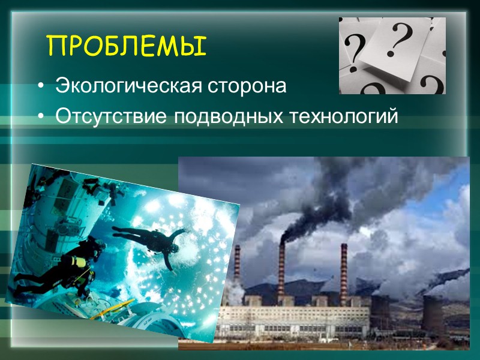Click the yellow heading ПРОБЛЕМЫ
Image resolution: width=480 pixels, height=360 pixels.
[x=126, y=46]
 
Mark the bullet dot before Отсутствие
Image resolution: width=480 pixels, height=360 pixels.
[x=40, y=116]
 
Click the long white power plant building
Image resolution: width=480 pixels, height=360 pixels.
[x=294, y=318]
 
